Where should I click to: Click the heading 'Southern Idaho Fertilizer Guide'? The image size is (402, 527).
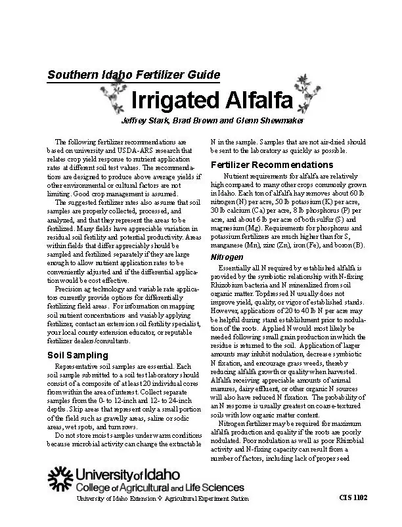pos(133,75)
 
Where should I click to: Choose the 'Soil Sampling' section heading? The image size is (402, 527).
pos(72,355)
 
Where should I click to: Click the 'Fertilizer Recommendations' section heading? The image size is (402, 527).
pos(271,164)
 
